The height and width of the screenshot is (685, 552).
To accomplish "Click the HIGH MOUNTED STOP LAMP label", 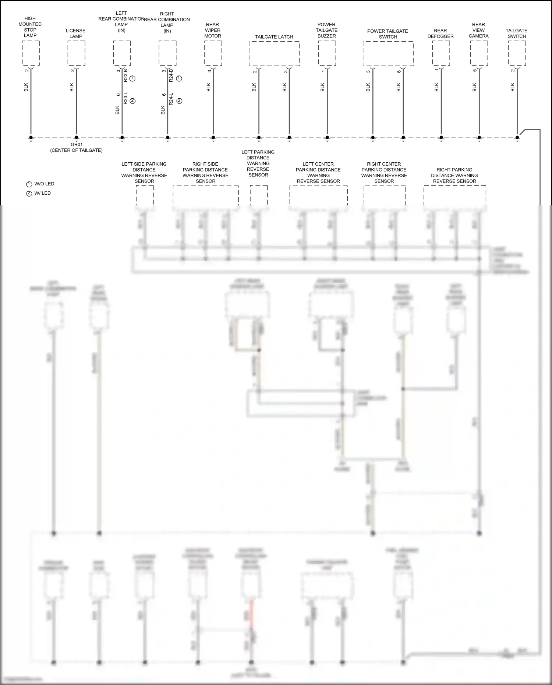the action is coord(30,27).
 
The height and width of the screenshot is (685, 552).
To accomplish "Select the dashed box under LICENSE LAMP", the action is coord(76,53).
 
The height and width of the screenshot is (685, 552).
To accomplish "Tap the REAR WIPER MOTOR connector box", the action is coord(213,53).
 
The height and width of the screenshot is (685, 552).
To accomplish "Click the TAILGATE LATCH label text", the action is coord(274,37).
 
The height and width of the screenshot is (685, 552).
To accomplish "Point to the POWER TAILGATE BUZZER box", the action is coord(327,53).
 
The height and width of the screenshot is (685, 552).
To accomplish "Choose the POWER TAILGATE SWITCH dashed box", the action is coord(388,53).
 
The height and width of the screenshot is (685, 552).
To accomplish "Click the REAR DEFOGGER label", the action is coord(440,33).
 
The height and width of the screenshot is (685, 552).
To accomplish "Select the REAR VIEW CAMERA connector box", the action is coord(479,53).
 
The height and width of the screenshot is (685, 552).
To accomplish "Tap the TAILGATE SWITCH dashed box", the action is coord(517,53).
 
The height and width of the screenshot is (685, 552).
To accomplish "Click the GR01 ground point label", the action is coord(76,145).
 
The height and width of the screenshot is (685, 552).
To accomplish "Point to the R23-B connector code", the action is coord(125,75).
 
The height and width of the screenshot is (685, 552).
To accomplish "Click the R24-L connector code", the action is coord(171,99).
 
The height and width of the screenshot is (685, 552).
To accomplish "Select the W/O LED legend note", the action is coord(40,184).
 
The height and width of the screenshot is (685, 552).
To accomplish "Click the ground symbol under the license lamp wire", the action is coord(76,138).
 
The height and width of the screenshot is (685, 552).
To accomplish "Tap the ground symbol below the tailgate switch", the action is coord(517,138).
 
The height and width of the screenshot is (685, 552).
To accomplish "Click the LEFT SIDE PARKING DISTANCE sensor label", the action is coord(144,173).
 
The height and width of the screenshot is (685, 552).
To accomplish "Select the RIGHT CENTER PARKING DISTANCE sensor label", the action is coord(384,173).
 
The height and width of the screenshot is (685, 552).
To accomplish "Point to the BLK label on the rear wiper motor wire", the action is coord(209,87).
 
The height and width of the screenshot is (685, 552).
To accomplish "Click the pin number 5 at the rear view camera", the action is coord(475,70).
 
